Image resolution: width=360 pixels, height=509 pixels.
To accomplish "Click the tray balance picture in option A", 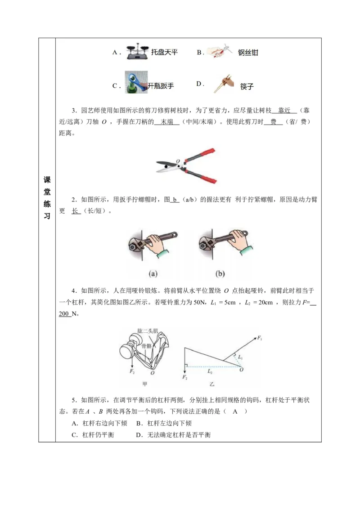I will point(137,53).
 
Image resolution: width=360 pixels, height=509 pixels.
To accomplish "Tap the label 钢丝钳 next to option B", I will point(248,53).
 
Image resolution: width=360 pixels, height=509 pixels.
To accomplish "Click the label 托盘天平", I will point(164,52).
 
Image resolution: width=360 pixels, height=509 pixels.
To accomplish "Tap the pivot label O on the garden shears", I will point(178,161).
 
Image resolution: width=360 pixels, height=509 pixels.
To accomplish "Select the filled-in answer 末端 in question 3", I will point(167,122).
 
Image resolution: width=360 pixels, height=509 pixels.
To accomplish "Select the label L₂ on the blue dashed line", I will point(211,372).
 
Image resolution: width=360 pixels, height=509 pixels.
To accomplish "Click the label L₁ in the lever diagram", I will point(241,357).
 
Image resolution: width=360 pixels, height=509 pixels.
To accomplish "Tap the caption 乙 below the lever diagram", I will point(211,384).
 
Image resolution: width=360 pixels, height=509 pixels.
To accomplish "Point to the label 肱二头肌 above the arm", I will point(148,331).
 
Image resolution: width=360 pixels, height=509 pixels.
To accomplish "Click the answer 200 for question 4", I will point(64,313).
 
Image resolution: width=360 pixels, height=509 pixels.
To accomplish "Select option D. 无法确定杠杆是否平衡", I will point(173,435).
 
